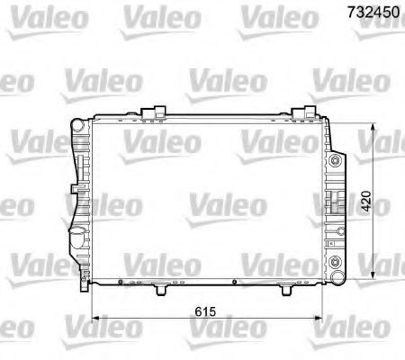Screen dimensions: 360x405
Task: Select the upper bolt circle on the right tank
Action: pos(337,161)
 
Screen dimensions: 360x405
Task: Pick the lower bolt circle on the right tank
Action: pos(337,263)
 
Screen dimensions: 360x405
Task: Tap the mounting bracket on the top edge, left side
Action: pos(159,111)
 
